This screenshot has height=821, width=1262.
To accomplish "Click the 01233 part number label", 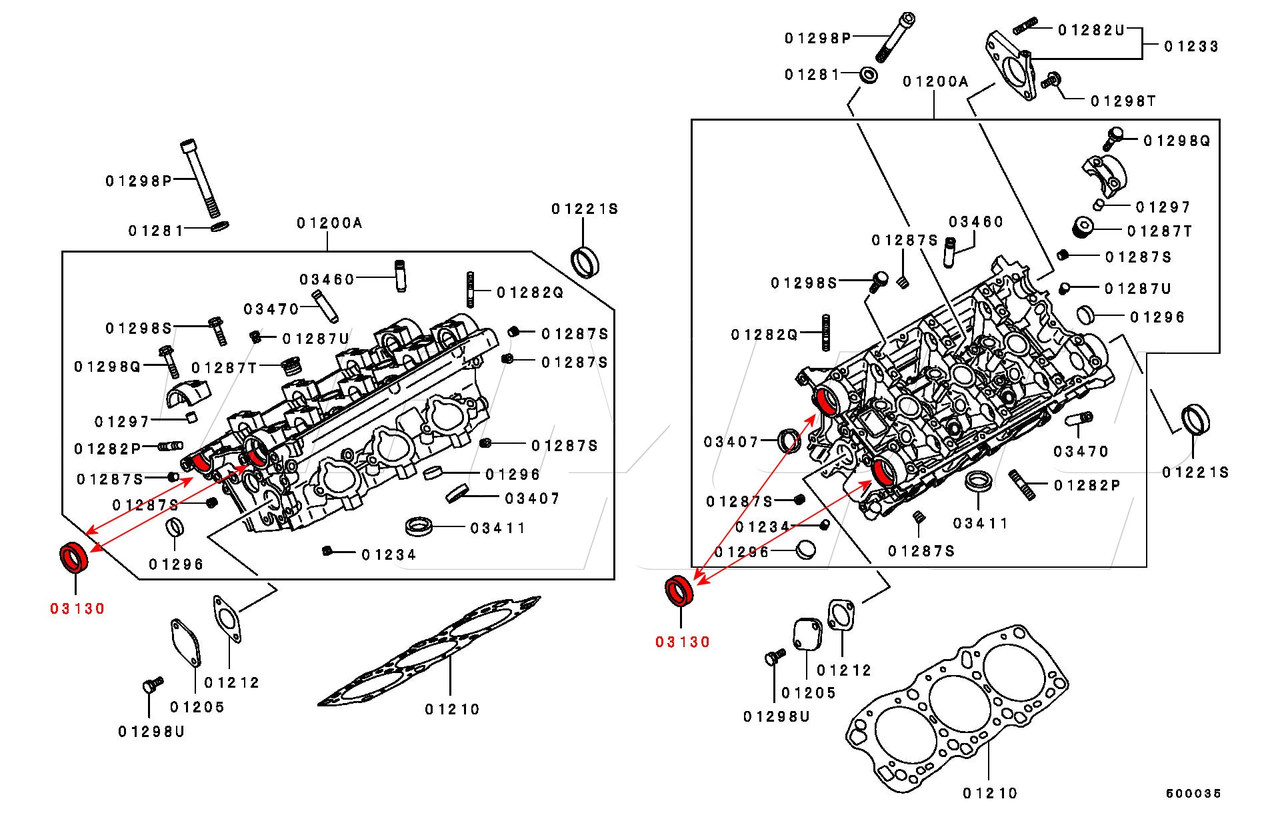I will tap(1191, 46).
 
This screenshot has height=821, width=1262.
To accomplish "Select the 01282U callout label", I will tap(1091, 30).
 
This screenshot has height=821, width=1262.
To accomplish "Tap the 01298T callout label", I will tap(1123, 101).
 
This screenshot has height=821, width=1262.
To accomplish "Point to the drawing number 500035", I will tap(1193, 793).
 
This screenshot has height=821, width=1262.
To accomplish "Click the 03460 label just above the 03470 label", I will tap(327, 279).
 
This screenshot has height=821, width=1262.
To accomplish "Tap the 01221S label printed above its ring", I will tap(585, 209).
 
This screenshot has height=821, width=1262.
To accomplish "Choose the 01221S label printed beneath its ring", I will tap(1195, 472).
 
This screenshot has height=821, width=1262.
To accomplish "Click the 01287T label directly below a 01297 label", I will tap(1160, 231).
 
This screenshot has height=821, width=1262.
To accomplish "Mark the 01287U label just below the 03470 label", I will tap(315, 339).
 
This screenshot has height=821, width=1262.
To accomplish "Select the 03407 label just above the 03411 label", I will tap(533, 498).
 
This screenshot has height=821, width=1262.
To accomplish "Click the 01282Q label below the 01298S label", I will tap(764, 335).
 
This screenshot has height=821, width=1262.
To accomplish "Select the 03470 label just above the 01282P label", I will tap(1081, 451).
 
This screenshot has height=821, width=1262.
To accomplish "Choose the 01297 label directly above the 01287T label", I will tap(1163, 207).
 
